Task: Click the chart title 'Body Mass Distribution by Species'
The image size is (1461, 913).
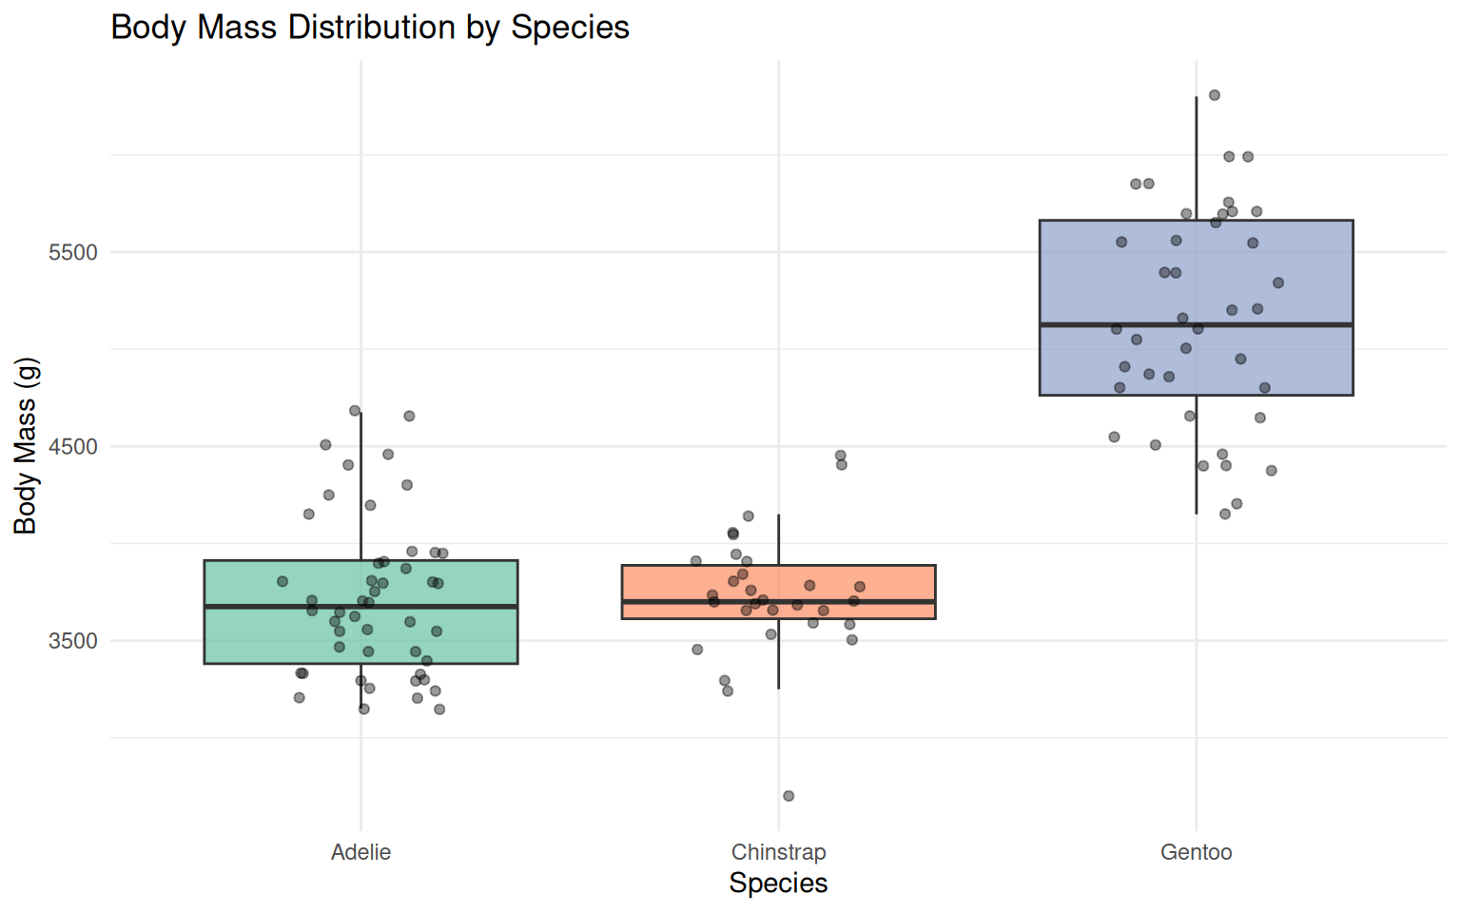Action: [370, 28]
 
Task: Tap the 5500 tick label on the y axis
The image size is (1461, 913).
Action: [73, 253]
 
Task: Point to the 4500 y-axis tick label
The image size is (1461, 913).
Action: [73, 447]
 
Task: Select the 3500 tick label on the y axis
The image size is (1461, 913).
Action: [73, 641]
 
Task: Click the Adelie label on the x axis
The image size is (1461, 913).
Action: [360, 852]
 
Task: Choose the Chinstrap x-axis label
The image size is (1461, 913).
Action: [778, 852]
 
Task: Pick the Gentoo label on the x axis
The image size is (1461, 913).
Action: [1196, 852]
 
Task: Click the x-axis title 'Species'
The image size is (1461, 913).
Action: [778, 884]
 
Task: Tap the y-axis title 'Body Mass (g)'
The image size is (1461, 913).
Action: [26, 446]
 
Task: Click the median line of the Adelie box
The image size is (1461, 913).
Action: [285, 606]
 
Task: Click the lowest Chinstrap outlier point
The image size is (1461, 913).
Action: [789, 796]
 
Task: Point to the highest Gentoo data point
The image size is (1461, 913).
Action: [1215, 95]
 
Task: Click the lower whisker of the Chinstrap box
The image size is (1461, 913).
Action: [779, 656]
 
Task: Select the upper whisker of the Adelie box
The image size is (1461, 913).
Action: [361, 485]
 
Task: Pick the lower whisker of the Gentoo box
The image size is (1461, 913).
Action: [1197, 456]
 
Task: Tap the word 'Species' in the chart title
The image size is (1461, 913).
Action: [570, 28]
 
